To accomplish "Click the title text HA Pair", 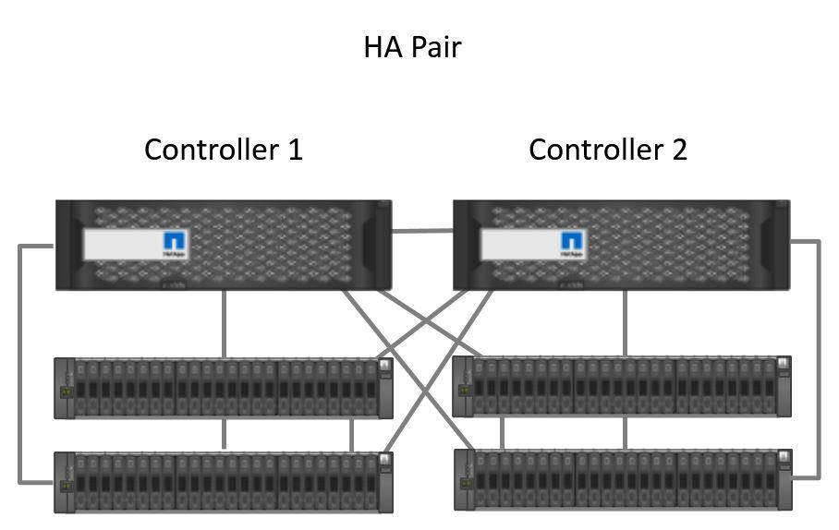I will pyautogui.click(x=411, y=47).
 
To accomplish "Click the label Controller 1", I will pyautogui.click(x=223, y=149).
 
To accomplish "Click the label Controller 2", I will pyautogui.click(x=607, y=149).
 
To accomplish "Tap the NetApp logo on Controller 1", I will pyautogui.click(x=175, y=243).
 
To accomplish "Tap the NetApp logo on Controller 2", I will pyautogui.click(x=572, y=243).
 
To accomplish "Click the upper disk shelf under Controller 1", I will pyautogui.click(x=222, y=388).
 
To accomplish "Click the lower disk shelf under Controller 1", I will pyautogui.click(x=222, y=482).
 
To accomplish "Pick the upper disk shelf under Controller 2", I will pyautogui.click(x=621, y=386).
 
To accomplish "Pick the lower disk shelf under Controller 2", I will pyautogui.click(x=621, y=479).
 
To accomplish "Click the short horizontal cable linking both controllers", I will pyautogui.click(x=422, y=232).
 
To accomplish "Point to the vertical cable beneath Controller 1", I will pyautogui.click(x=225, y=323).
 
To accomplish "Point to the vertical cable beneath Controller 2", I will pyautogui.click(x=626, y=323).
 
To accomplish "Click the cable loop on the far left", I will pyautogui.click(x=20, y=369).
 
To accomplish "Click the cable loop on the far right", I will pyautogui.click(x=818, y=369).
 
